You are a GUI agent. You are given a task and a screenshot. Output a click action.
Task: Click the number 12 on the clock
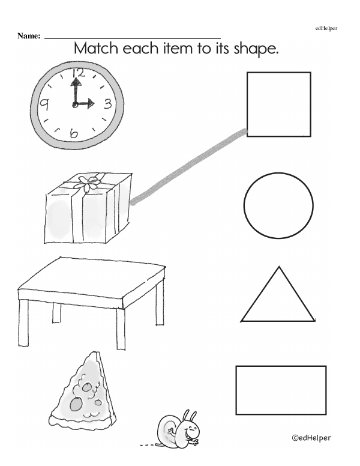point(78,73)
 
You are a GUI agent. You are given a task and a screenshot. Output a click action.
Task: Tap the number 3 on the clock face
point(107,104)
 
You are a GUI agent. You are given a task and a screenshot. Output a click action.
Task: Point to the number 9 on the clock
point(44,104)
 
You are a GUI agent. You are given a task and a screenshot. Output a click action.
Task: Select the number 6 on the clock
point(73,134)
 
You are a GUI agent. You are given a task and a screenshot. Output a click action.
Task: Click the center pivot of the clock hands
point(75,104)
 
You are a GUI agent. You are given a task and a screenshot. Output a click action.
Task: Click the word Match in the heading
point(95,49)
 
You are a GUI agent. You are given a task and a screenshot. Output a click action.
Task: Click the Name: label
point(29,36)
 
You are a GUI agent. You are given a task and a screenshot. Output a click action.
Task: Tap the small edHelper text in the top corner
point(326,29)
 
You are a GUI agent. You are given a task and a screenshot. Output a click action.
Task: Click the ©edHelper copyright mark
point(311,438)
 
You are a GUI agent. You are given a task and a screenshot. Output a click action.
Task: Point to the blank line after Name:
point(133,38)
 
